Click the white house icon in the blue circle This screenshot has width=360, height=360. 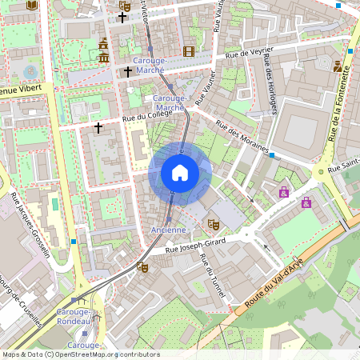[180, 173]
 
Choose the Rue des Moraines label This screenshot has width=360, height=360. [242, 138]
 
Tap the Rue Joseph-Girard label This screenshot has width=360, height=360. [195, 245]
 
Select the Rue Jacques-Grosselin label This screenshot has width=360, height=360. [30, 225]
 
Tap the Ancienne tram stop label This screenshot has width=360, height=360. [169, 230]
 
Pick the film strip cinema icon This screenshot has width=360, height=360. [189, 51]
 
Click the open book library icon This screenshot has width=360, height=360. [32, 5]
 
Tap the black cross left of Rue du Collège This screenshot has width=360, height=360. [98, 127]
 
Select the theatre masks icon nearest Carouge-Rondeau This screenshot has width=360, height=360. [142, 266]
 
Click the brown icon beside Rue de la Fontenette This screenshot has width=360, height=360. [338, 66]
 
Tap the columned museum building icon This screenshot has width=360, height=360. [104, 56]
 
